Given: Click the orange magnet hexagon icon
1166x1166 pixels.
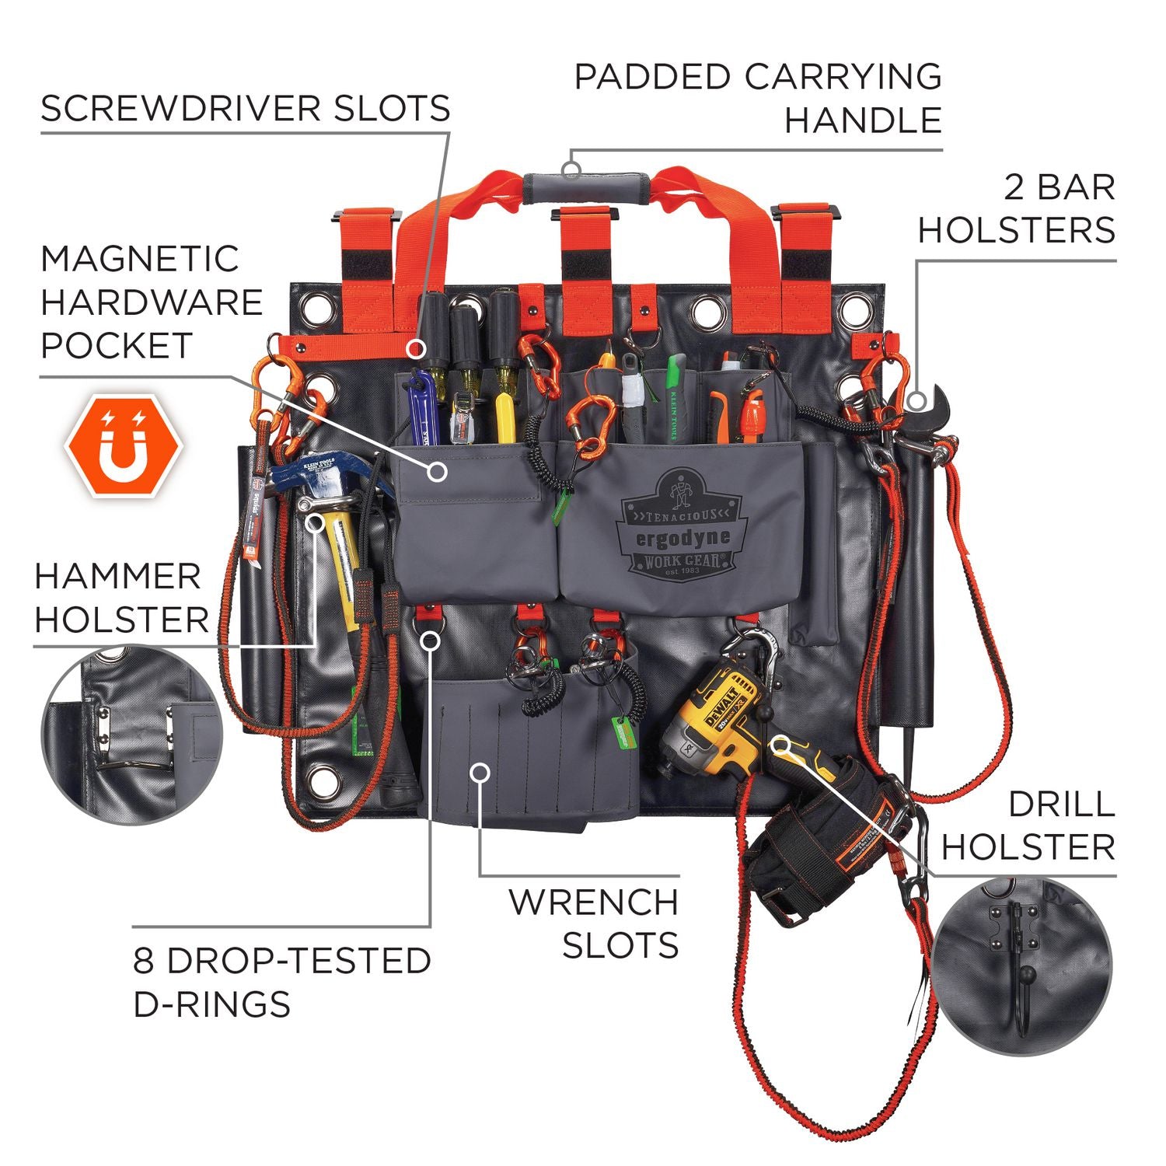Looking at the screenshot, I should (x=124, y=446).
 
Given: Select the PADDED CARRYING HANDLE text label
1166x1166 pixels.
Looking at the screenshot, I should (x=759, y=99).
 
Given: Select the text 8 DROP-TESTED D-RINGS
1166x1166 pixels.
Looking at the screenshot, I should (x=281, y=983).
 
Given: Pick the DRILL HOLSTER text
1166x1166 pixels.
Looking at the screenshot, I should (x=1029, y=826).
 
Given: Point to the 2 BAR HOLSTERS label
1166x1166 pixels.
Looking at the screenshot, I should (x=1018, y=209).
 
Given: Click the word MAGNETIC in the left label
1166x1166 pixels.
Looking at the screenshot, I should (x=140, y=259).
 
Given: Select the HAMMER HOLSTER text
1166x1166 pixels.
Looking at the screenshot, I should (x=122, y=599).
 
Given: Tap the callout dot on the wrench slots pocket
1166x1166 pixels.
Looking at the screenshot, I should (x=481, y=772).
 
